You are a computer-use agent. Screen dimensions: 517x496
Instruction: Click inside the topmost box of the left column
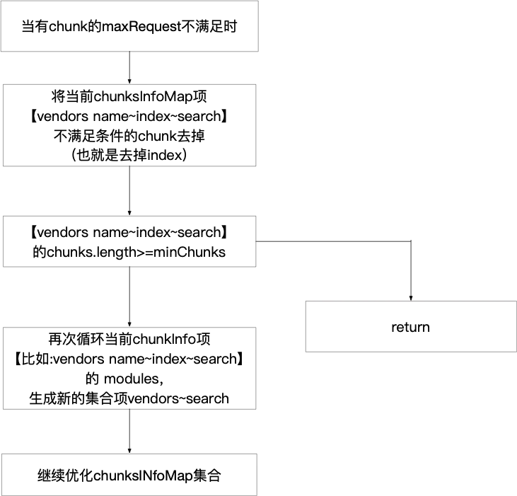click(130, 28)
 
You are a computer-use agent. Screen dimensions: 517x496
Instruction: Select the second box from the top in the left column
click(130, 125)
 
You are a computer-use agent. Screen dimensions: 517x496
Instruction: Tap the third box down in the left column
click(130, 243)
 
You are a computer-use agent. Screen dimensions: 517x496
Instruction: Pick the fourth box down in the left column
click(130, 368)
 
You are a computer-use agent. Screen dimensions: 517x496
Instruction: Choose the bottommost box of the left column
click(130, 475)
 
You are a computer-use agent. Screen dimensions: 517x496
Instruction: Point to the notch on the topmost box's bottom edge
click(127, 54)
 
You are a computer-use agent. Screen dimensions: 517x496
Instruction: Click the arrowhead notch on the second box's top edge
click(129, 82)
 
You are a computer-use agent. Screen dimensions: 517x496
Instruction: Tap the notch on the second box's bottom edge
click(127, 167)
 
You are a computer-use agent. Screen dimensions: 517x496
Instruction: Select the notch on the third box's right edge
click(257, 241)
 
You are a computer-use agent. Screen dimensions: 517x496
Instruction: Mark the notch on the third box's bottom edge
click(127, 269)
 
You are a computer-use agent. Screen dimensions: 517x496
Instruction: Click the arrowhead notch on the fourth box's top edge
click(129, 325)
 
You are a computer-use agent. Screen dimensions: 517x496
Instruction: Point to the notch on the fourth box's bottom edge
click(127, 410)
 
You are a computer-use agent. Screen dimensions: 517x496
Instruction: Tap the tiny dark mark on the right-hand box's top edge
click(411, 303)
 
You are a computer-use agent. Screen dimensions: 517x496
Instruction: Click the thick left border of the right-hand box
click(306, 328)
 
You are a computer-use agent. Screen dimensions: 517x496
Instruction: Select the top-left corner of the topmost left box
click(3, 3)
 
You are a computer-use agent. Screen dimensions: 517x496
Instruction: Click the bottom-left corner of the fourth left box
click(3, 410)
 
